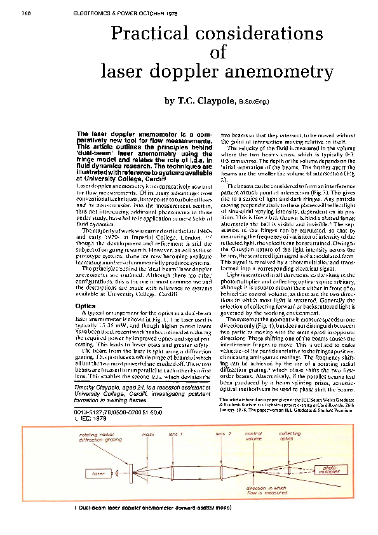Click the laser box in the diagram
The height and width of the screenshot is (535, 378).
pos(100,473)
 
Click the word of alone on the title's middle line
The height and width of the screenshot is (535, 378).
pos(217,53)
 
